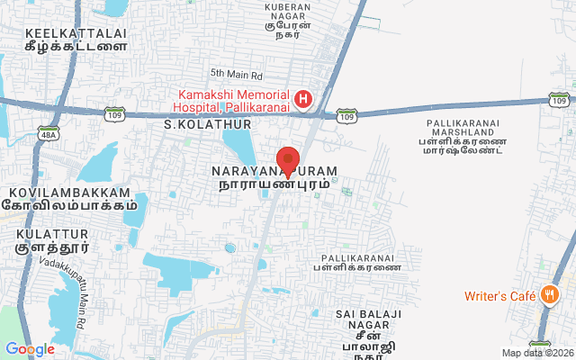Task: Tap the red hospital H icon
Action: (x=304, y=98)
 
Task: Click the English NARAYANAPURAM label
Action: (x=274, y=171)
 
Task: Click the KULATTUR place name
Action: (x=46, y=233)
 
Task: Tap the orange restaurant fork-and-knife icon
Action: (x=548, y=295)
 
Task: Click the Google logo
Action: (x=30, y=349)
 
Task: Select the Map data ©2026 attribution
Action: (x=536, y=353)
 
